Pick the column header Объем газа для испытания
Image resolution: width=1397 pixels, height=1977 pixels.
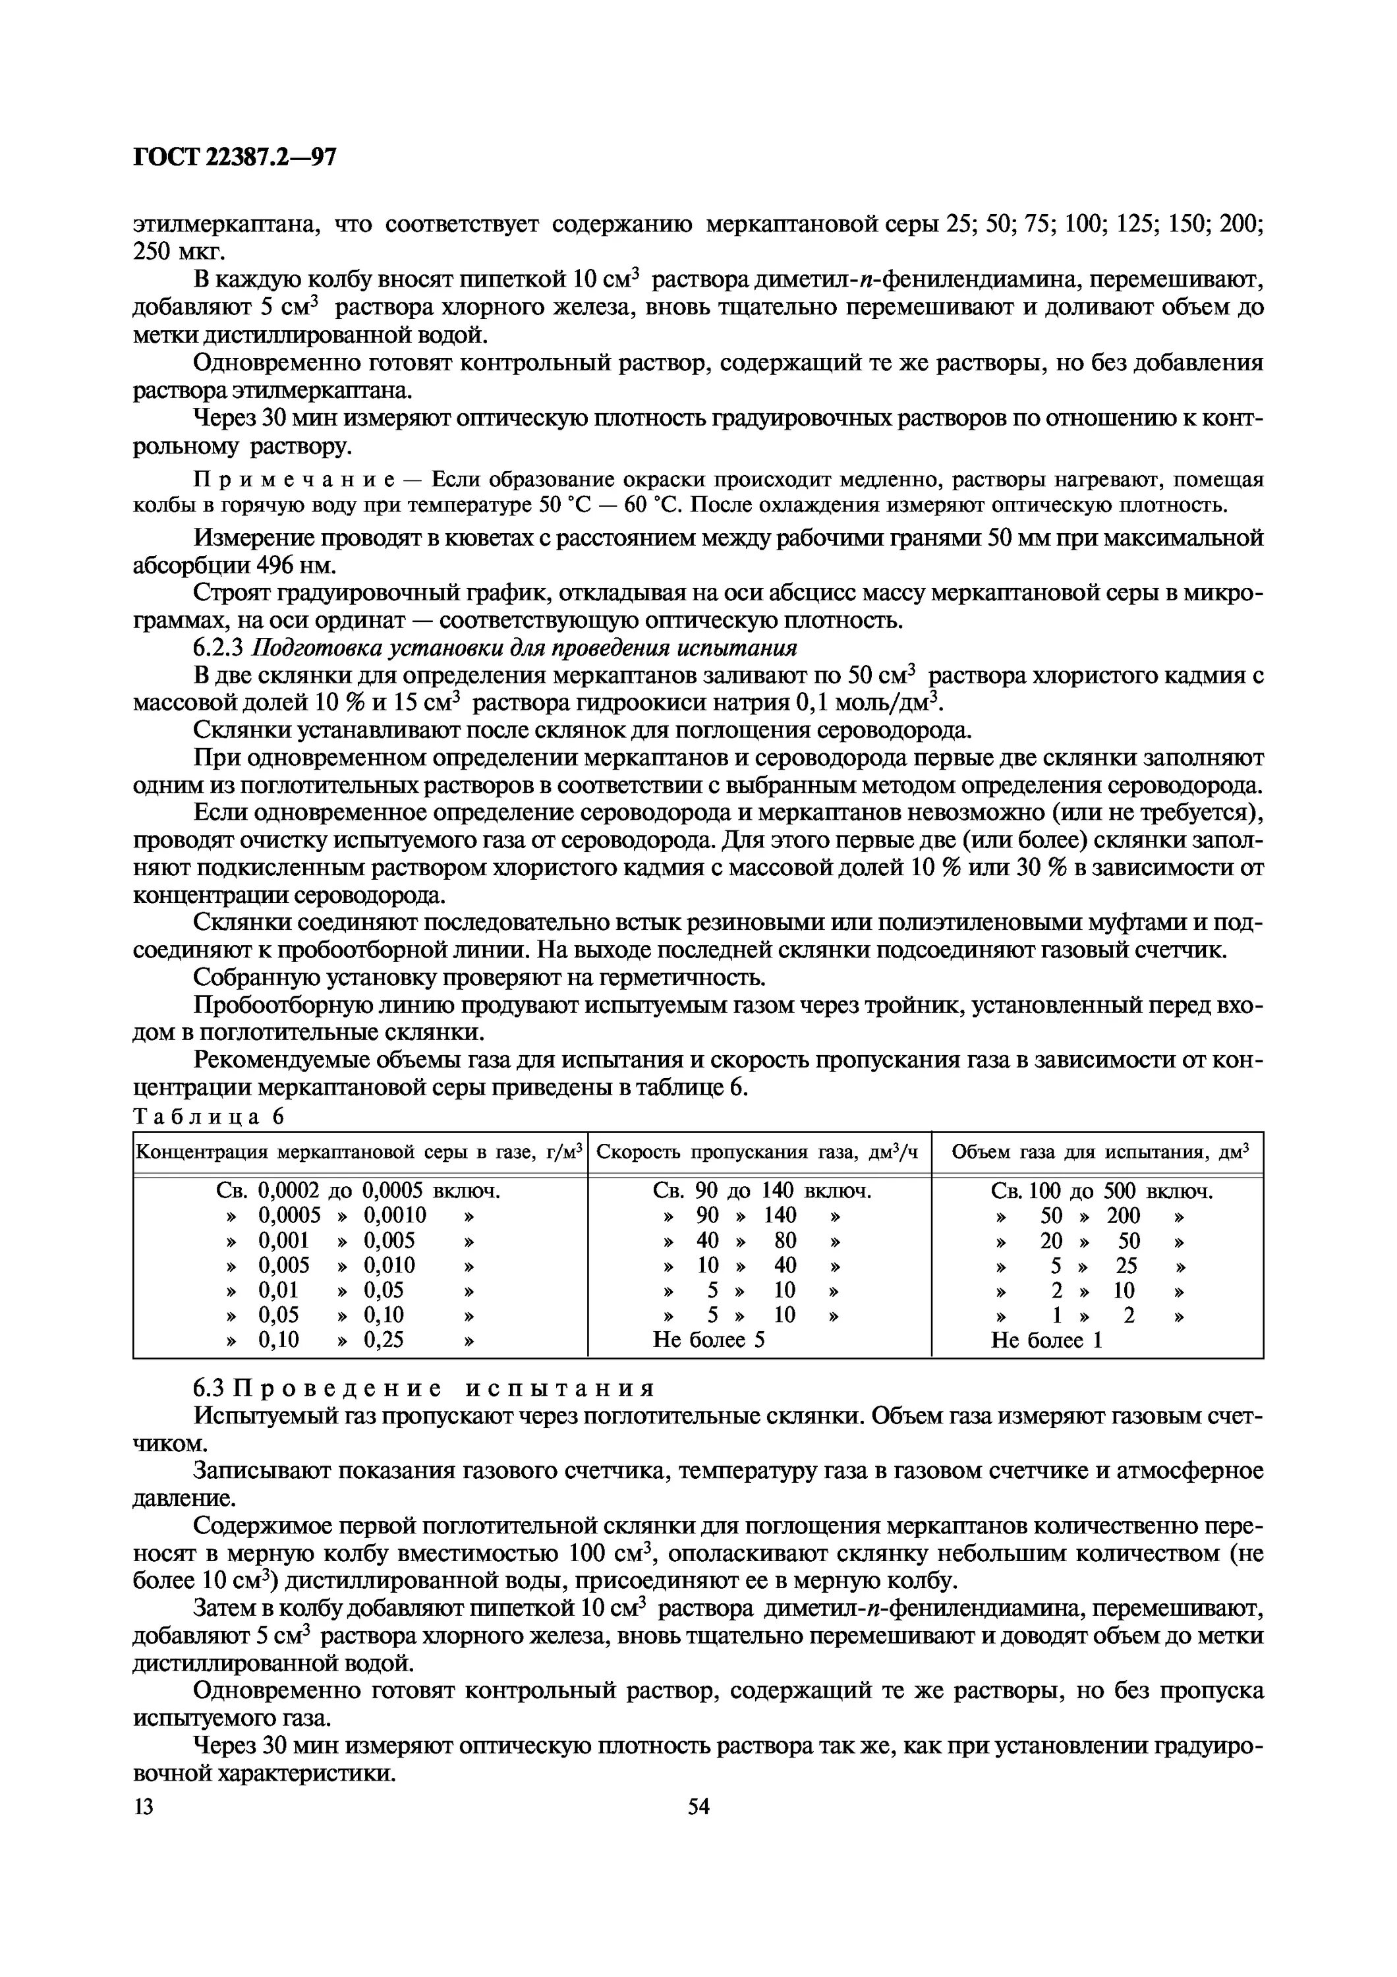(1098, 1152)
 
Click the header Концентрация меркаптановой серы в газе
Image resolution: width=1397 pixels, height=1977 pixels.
(360, 1152)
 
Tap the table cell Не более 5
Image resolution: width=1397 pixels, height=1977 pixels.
(708, 1339)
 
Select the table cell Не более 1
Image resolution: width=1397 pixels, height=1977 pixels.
(1046, 1339)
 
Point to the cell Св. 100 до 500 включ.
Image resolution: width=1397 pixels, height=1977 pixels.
(1102, 1191)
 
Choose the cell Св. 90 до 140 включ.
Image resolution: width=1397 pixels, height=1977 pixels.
(762, 1191)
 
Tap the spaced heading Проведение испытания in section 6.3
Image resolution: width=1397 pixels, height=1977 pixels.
(444, 1388)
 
